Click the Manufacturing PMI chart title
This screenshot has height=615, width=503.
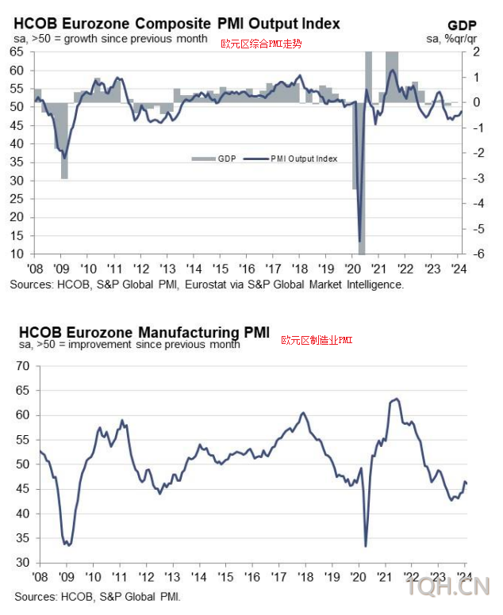pos(144,330)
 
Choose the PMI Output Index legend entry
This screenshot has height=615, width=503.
pos(301,159)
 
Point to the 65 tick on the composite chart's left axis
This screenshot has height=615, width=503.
pos(16,52)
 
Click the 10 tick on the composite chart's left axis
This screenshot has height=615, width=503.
pos(16,254)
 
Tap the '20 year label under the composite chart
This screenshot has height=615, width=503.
pos(353,267)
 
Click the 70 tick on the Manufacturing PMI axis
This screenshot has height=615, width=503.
pos(22,366)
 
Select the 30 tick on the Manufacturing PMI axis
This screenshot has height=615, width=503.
pos(22,563)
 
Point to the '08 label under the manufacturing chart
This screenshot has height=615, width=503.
pos(40,576)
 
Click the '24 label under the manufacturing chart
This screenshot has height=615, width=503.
pos(465,576)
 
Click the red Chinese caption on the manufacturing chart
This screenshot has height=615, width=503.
pos(317,340)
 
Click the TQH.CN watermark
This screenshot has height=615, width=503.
pos(448,588)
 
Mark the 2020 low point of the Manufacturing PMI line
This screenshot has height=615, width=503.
pos(366,545)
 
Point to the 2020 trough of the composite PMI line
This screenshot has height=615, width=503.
pos(360,241)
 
